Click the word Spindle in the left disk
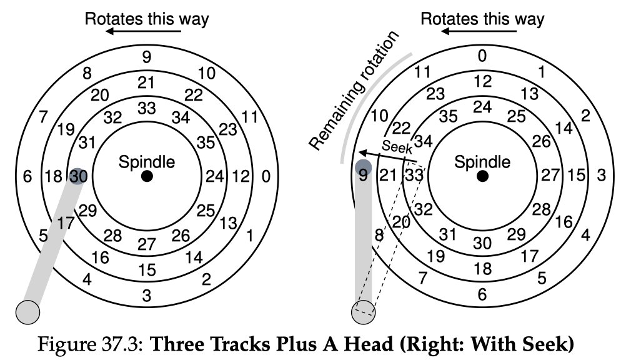pyautogui.click(x=147, y=162)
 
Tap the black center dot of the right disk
pyautogui.click(x=483, y=176)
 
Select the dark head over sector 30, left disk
pyautogui.click(x=78, y=176)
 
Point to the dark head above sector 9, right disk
pyautogui.click(x=364, y=167)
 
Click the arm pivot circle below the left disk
pyautogui.click(x=28, y=312)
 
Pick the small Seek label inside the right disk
pyautogui.click(x=397, y=147)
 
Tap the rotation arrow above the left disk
pyautogui.click(x=143, y=31)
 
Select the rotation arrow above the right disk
pyautogui.click(x=479, y=31)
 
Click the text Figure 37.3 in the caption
pyautogui.click(x=90, y=344)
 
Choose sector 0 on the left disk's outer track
pyautogui.click(x=266, y=176)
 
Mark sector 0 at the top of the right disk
pyautogui.click(x=482, y=56)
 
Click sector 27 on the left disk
pyautogui.click(x=147, y=244)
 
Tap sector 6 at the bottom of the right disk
pyautogui.click(x=482, y=294)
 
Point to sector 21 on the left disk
pyautogui.click(x=146, y=82)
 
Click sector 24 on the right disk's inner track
pyautogui.click(x=482, y=107)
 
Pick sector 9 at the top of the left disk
pyautogui.click(x=147, y=57)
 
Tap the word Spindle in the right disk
pyautogui.click(x=482, y=162)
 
